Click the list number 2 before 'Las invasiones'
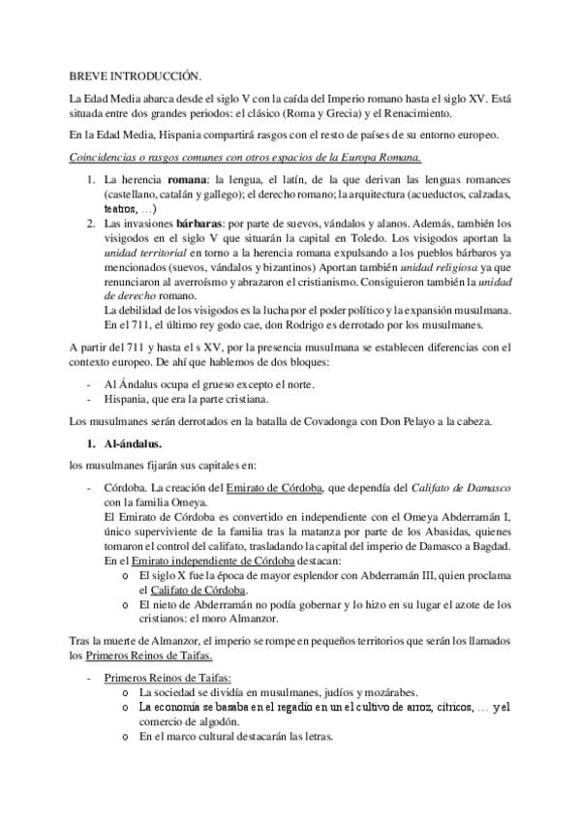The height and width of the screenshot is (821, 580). pyautogui.click(x=90, y=222)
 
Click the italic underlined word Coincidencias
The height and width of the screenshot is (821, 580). pyautogui.click(x=105, y=158)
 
